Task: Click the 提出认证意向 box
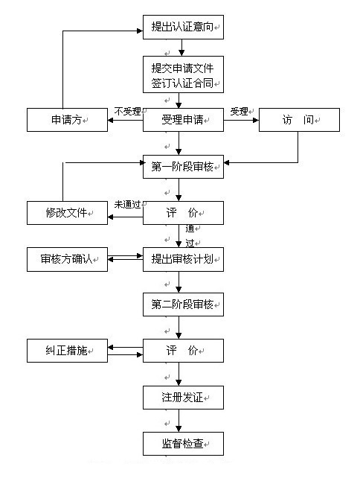[x=183, y=28]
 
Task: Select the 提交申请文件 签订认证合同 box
[x=183, y=74]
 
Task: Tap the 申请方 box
[x=68, y=120]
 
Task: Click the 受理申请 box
[x=183, y=120]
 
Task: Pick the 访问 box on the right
[x=298, y=120]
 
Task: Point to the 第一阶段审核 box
[x=183, y=166]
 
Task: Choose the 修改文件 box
[x=68, y=213]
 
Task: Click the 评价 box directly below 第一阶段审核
[x=183, y=213]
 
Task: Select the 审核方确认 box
[x=68, y=259]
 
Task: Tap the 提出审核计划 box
[x=183, y=259]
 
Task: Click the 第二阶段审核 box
[x=183, y=305]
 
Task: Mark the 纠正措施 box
[x=68, y=351]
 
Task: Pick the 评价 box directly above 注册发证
[x=183, y=351]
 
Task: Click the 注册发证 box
[x=183, y=397]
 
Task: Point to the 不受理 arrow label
[x=128, y=112]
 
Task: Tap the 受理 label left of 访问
[x=239, y=112]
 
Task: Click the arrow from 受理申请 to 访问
[x=241, y=120]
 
